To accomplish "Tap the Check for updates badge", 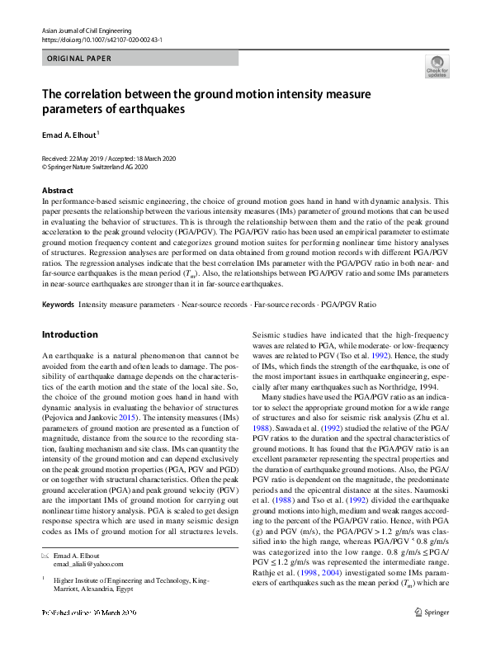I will pyautogui.click(x=437, y=65).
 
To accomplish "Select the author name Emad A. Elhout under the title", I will pyautogui.click(x=69, y=133).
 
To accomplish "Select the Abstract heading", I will pyautogui.click(x=57, y=190).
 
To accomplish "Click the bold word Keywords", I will pyautogui.click(x=58, y=305).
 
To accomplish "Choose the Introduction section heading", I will pyautogui.click(x=70, y=334).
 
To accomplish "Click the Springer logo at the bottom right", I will pyautogui.click(x=433, y=635).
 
